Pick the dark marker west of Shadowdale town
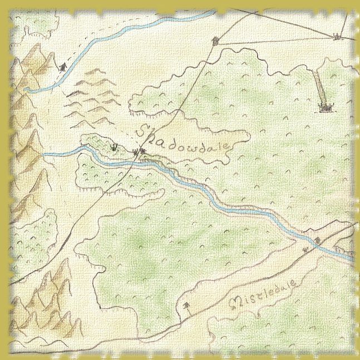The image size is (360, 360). tap(115, 148)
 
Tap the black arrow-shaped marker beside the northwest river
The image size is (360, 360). tap(62, 67)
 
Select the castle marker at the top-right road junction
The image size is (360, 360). tap(336, 37)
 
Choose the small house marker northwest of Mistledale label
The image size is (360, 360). tap(186, 305)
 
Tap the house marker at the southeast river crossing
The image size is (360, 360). tap(318, 240)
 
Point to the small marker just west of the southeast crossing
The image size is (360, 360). tap(305, 249)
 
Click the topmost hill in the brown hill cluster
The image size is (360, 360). tap(95, 71)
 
